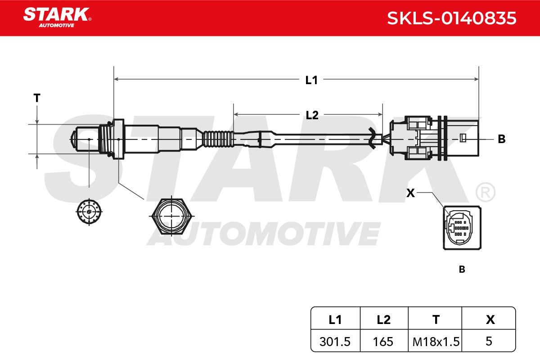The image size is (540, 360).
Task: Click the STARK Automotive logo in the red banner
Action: click(57, 18)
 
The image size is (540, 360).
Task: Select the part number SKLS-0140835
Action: click(451, 18)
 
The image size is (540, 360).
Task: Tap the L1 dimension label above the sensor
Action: click(311, 80)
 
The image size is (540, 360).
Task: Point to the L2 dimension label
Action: click(312, 115)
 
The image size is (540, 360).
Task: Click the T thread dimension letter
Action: click(37, 98)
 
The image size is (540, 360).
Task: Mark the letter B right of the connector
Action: click(502, 139)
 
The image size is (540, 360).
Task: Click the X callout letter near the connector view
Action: click(410, 193)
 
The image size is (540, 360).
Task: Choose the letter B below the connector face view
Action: click(462, 270)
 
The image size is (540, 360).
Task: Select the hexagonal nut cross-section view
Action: click(171, 216)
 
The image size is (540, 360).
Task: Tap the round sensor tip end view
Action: click(89, 212)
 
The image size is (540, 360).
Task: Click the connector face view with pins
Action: click(462, 228)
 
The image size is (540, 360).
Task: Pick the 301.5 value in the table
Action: click(335, 342)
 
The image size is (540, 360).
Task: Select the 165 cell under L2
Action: click(383, 342)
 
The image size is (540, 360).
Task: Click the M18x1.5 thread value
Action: click(436, 342)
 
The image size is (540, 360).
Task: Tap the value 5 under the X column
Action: click(489, 342)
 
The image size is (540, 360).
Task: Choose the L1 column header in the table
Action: click(335, 320)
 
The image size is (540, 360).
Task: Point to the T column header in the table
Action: click(436, 320)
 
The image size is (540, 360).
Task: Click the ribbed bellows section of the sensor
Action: click(218, 139)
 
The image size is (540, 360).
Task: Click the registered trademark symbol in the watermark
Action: click(485, 192)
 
